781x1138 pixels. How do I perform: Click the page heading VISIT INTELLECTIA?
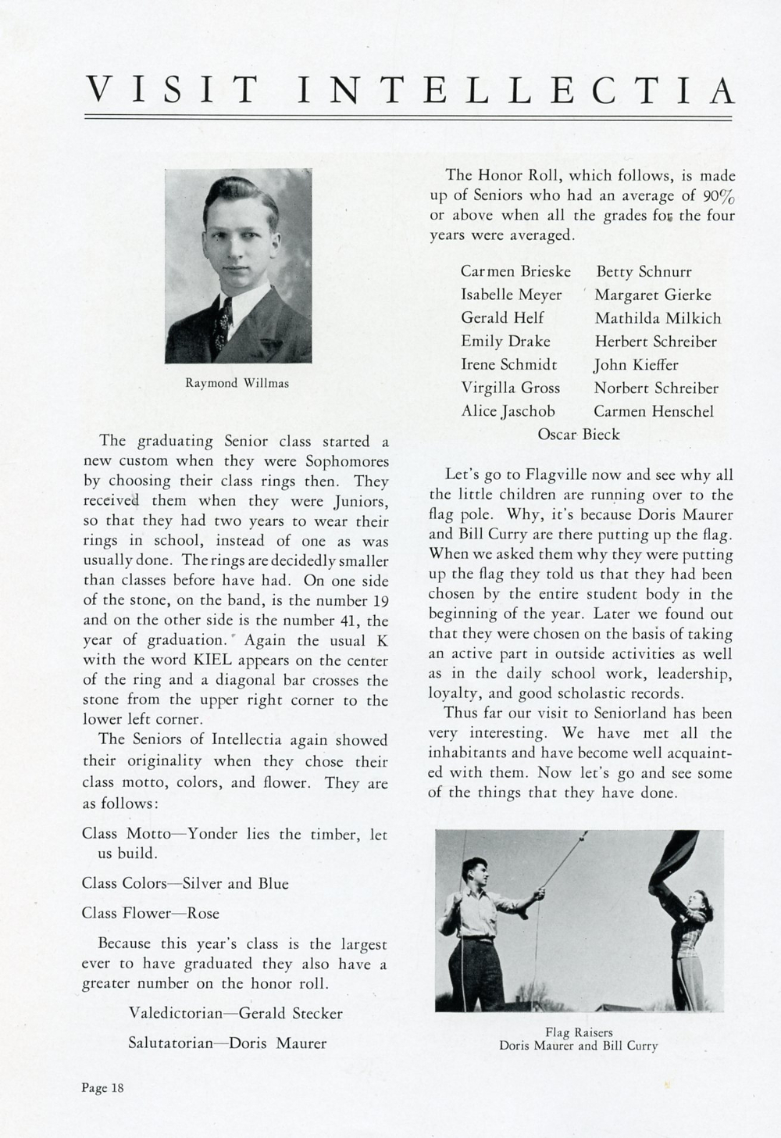coord(409,91)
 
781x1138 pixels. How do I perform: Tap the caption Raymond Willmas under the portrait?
coord(237,383)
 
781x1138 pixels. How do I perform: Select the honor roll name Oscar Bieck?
coord(578,434)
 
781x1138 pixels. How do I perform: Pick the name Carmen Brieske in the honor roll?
coord(515,272)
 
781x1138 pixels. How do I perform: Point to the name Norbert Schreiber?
coord(655,388)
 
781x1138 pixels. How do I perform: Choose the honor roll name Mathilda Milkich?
coord(658,318)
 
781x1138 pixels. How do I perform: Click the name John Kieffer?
coord(636,365)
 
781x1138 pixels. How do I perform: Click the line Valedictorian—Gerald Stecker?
coord(235,1013)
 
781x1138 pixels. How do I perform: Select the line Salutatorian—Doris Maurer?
coord(226,1043)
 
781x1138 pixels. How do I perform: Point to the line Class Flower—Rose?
coord(151,913)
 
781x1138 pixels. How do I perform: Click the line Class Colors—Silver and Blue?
coord(185,883)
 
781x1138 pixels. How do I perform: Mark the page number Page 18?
coord(102,1087)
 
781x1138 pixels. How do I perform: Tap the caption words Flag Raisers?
coord(579,1032)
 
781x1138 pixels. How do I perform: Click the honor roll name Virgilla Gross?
coord(510,388)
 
